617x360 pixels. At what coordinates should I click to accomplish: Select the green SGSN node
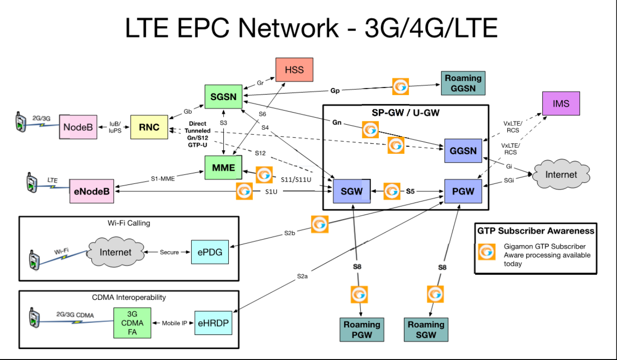(x=224, y=97)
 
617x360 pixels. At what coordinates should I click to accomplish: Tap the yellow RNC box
(x=149, y=126)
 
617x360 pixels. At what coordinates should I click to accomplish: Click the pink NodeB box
(x=78, y=126)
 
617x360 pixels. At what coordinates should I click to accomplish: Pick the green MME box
(x=223, y=167)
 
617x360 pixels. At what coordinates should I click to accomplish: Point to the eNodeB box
(x=92, y=190)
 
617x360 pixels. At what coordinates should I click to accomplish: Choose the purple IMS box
(x=561, y=103)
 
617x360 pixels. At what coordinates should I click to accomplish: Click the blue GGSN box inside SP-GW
(x=463, y=151)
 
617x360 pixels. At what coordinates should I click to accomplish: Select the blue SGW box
(x=352, y=190)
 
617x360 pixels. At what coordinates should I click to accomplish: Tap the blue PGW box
(x=463, y=190)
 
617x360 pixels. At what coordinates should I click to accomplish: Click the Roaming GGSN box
(x=463, y=83)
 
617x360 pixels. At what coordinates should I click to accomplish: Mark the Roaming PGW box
(x=362, y=329)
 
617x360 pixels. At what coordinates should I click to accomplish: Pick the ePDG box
(x=210, y=252)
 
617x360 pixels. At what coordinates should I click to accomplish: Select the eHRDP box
(x=212, y=322)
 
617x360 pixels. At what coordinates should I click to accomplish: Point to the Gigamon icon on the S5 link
(x=392, y=190)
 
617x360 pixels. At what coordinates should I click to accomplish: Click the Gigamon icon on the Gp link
(x=401, y=87)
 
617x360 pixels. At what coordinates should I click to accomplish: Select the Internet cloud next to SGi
(x=561, y=175)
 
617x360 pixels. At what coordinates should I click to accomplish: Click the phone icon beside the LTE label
(x=31, y=182)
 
